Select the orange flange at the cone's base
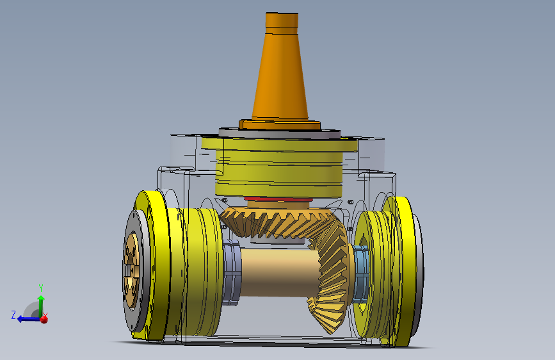pos(280,125)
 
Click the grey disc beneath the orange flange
pos(280,134)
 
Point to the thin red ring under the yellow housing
pos(278,199)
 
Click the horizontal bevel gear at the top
pos(276,222)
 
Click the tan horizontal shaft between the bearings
pos(280,272)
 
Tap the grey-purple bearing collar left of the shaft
pos(232,272)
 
